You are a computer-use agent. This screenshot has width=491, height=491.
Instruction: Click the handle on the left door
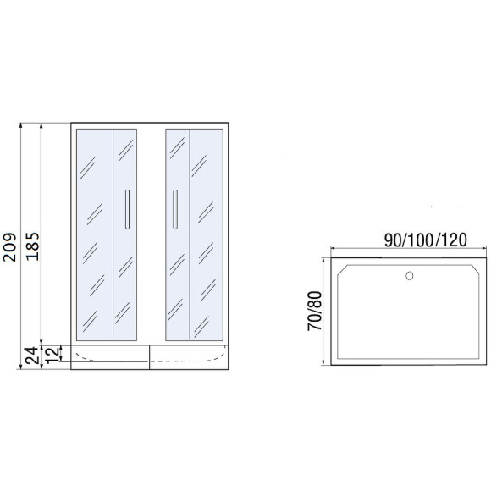coord(126,208)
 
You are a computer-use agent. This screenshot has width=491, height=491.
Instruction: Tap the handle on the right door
coord(175,208)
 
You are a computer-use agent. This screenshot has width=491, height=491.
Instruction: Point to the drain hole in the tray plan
coord(411,275)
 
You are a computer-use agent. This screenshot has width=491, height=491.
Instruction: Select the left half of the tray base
coord(110,356)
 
